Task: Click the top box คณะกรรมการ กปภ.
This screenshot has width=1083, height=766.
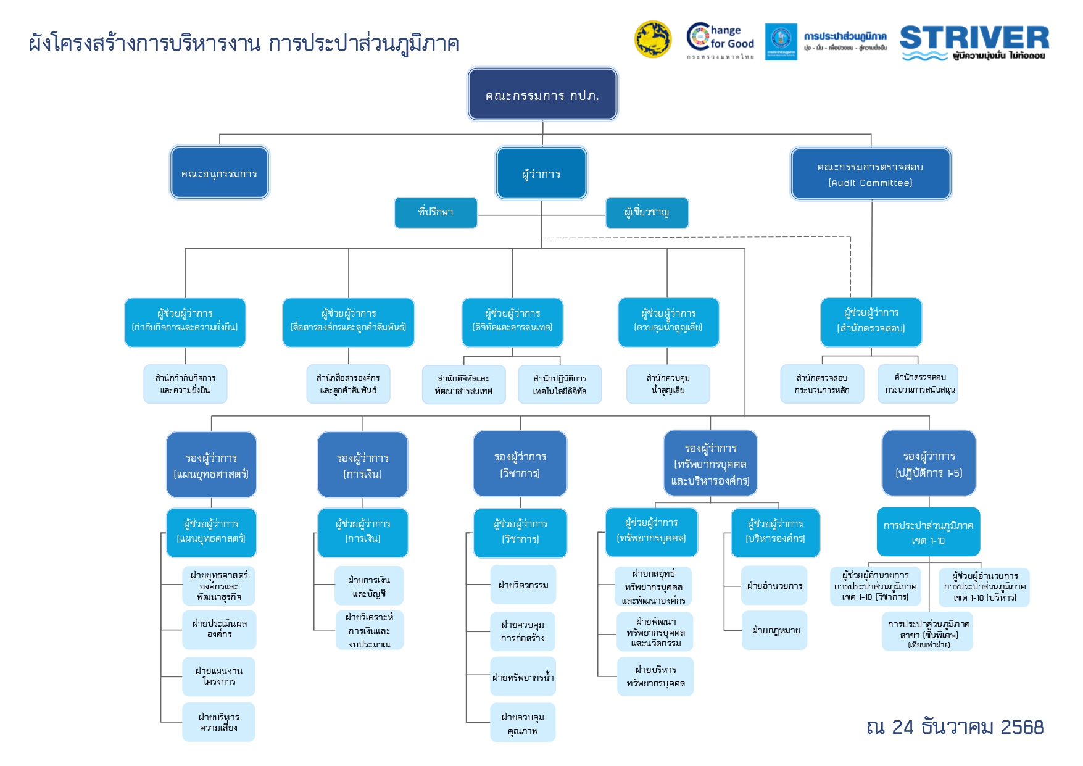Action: (542, 94)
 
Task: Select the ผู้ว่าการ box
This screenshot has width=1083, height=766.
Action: (541, 173)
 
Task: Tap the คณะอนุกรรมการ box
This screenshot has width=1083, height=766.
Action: (219, 173)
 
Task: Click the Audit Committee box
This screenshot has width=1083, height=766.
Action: (871, 174)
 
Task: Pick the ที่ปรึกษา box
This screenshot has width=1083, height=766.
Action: (436, 212)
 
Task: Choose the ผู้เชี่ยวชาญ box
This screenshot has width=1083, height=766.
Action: (647, 212)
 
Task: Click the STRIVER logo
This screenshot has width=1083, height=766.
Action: (974, 42)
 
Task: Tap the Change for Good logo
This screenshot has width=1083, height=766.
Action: (721, 41)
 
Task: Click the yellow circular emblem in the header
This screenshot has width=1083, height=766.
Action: (653, 40)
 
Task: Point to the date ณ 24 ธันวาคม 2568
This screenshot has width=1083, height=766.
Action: (955, 727)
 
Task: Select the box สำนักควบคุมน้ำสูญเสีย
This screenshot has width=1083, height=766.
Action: (668, 384)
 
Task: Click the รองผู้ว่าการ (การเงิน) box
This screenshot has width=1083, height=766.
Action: (363, 465)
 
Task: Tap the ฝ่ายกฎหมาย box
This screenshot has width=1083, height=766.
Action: (775, 630)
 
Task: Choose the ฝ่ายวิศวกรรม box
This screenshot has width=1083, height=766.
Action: (523, 585)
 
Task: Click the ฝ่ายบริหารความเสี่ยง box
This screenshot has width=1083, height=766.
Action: (218, 722)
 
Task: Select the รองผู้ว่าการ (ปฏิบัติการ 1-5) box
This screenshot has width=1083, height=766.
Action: (929, 464)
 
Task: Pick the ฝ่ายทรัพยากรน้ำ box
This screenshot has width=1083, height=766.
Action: (523, 677)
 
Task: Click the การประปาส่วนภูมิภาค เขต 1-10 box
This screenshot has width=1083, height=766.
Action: (928, 532)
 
